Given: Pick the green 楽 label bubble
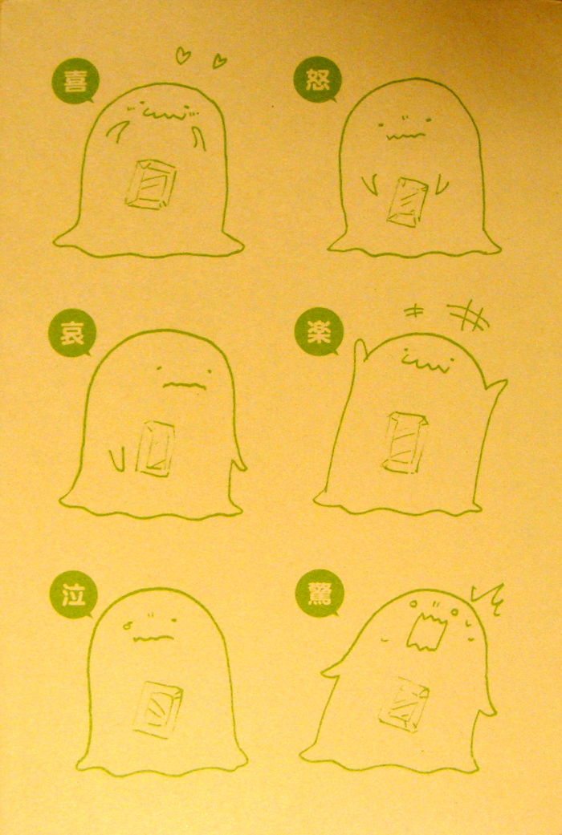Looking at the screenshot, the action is tap(318, 333).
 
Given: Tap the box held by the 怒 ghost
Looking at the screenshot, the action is tap(407, 202).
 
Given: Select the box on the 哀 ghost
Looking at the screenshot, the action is tap(155, 448).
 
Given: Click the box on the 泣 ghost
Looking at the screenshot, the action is tap(158, 709).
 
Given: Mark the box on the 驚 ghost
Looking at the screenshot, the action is tap(404, 703).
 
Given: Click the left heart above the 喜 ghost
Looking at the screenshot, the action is tap(183, 55).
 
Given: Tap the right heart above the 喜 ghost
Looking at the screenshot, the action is tap(218, 61).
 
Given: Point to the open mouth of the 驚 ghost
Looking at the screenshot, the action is tap(426, 631).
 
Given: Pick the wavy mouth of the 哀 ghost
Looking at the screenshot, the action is tap(184, 385).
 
